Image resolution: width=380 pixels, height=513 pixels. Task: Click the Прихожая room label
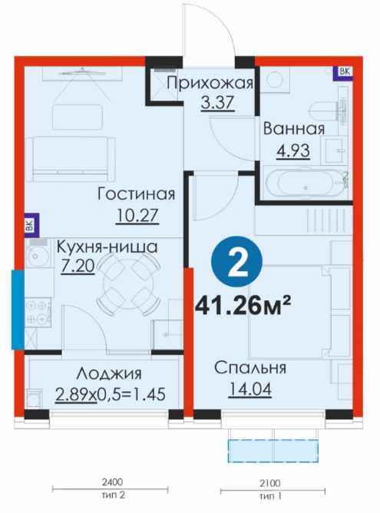tap(210, 83)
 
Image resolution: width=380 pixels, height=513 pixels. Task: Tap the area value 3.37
tap(217, 102)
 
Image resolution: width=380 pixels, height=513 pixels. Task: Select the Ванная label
tap(294, 128)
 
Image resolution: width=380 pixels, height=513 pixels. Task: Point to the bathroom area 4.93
tap(293, 151)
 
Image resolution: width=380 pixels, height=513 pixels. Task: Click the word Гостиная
tap(137, 194)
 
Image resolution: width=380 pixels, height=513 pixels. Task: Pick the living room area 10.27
tap(137, 216)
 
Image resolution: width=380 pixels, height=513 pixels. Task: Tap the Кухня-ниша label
tap(107, 247)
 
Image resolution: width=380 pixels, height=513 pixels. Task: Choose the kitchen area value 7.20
tap(78, 266)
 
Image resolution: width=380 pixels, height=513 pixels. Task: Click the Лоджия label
tap(110, 373)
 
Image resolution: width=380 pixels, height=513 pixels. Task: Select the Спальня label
tap(250, 368)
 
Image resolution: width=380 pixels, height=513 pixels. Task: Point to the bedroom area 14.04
tap(249, 389)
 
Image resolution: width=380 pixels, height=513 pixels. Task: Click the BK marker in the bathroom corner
tap(344, 72)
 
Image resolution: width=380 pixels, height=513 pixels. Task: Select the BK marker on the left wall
tap(31, 226)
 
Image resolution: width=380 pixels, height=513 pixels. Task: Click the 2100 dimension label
tap(270, 483)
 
